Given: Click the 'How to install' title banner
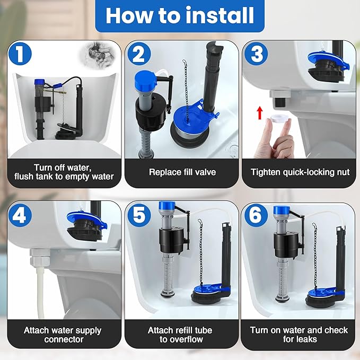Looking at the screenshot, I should point(180,16).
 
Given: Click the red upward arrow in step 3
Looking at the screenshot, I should point(260,113).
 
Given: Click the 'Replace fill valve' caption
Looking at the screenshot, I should point(179,172).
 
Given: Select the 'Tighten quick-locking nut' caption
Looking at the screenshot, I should point(300,172).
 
